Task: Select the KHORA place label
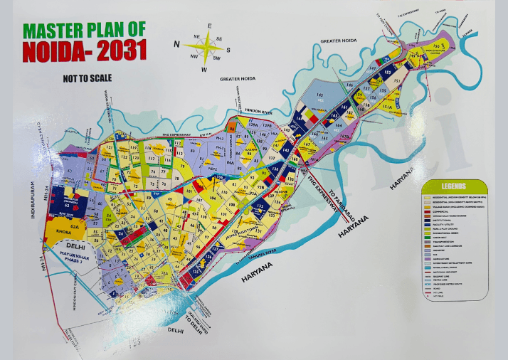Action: point(59,232)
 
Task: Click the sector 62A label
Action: point(75,222)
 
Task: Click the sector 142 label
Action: point(287,149)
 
